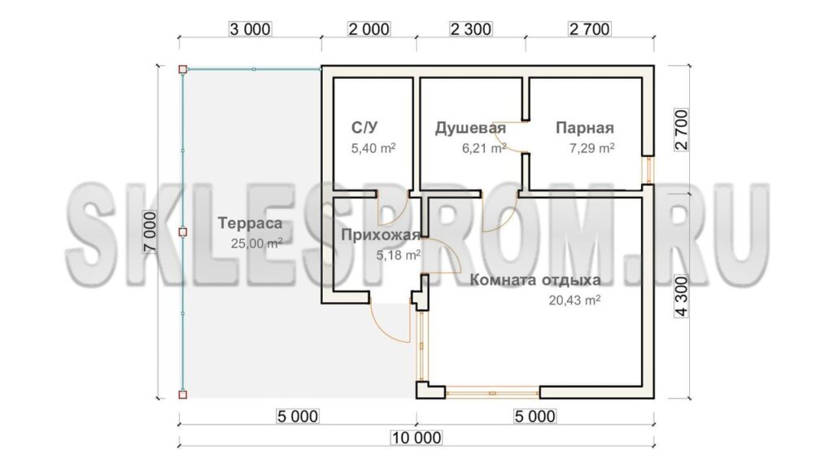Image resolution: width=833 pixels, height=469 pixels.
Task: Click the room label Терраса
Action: click(250, 223)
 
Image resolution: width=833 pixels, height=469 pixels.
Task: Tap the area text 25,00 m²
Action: click(256, 243)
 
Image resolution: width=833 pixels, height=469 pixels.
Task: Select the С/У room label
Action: click(364, 128)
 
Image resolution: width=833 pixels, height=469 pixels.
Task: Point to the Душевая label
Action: click(470, 128)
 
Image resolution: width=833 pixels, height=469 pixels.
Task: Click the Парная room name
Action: click(585, 128)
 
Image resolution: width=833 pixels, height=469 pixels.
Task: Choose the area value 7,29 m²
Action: click(592, 148)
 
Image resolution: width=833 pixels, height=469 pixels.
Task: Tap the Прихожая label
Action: click(381, 235)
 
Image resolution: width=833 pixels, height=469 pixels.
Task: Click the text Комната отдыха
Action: click(535, 280)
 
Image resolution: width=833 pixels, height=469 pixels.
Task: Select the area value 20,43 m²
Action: click(574, 300)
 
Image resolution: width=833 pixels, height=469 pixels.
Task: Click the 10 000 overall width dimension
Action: click(416, 437)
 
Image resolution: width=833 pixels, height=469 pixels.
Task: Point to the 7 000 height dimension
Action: click(150, 232)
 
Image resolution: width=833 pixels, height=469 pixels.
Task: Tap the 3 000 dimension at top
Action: click(250, 28)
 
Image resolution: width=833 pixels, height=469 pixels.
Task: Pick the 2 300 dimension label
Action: click(471, 28)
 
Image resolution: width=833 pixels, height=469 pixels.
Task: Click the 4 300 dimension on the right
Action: click(682, 296)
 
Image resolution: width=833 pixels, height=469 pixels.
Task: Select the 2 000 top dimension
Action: click(369, 28)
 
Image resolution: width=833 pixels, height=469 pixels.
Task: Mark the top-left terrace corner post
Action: click(183, 69)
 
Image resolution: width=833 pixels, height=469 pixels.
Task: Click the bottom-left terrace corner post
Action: click(183, 395)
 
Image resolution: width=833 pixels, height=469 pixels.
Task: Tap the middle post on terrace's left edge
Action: click(183, 232)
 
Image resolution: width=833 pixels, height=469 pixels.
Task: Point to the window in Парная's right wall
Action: click(648, 170)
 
